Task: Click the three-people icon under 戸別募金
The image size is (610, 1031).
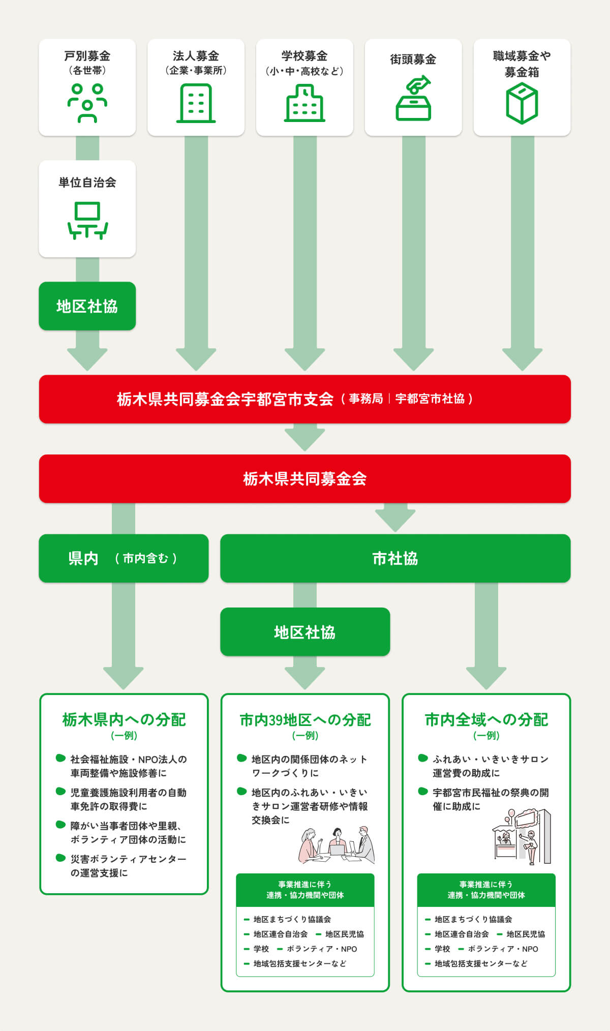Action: [87, 103]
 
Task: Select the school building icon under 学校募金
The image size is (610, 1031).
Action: [304, 104]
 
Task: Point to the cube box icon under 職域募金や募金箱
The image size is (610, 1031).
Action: [522, 104]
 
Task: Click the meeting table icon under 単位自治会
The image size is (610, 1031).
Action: [87, 220]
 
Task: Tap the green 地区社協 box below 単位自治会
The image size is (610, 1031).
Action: [87, 306]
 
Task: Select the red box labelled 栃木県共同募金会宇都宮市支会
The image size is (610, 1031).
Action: [305, 399]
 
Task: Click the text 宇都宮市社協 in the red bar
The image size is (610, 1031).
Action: [430, 399]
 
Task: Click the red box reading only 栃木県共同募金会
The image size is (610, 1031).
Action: [305, 478]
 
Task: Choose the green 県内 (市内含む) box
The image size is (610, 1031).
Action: [124, 558]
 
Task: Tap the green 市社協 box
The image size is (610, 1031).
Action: [395, 558]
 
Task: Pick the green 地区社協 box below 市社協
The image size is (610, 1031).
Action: [305, 632]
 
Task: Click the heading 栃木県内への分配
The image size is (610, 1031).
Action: [124, 719]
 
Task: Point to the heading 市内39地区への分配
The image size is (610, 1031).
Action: [305, 719]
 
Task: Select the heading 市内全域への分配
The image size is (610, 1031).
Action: [486, 719]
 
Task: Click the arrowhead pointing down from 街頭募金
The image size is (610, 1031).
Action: [413, 359]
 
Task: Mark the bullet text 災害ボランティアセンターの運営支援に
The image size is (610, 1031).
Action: [128, 866]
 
